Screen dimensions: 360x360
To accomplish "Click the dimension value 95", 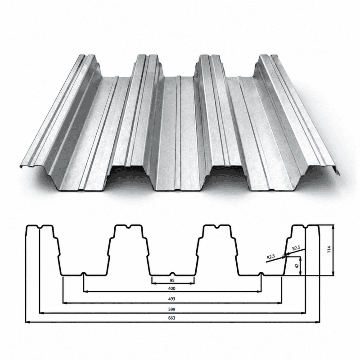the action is coord(172,280).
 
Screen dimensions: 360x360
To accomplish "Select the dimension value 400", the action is coord(172,288).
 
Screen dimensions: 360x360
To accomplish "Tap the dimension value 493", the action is coord(172,299).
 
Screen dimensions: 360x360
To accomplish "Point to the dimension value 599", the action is coord(172,309).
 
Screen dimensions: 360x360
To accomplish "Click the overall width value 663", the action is coord(172,318).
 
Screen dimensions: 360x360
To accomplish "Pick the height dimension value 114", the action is coord(329,249).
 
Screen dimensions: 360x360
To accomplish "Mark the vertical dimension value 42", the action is coord(297,266).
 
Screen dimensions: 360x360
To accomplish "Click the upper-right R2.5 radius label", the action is coord(296,248).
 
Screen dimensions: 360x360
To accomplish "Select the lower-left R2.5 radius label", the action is coord(271,256).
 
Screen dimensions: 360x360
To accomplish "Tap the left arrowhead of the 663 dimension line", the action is coord(27,322).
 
